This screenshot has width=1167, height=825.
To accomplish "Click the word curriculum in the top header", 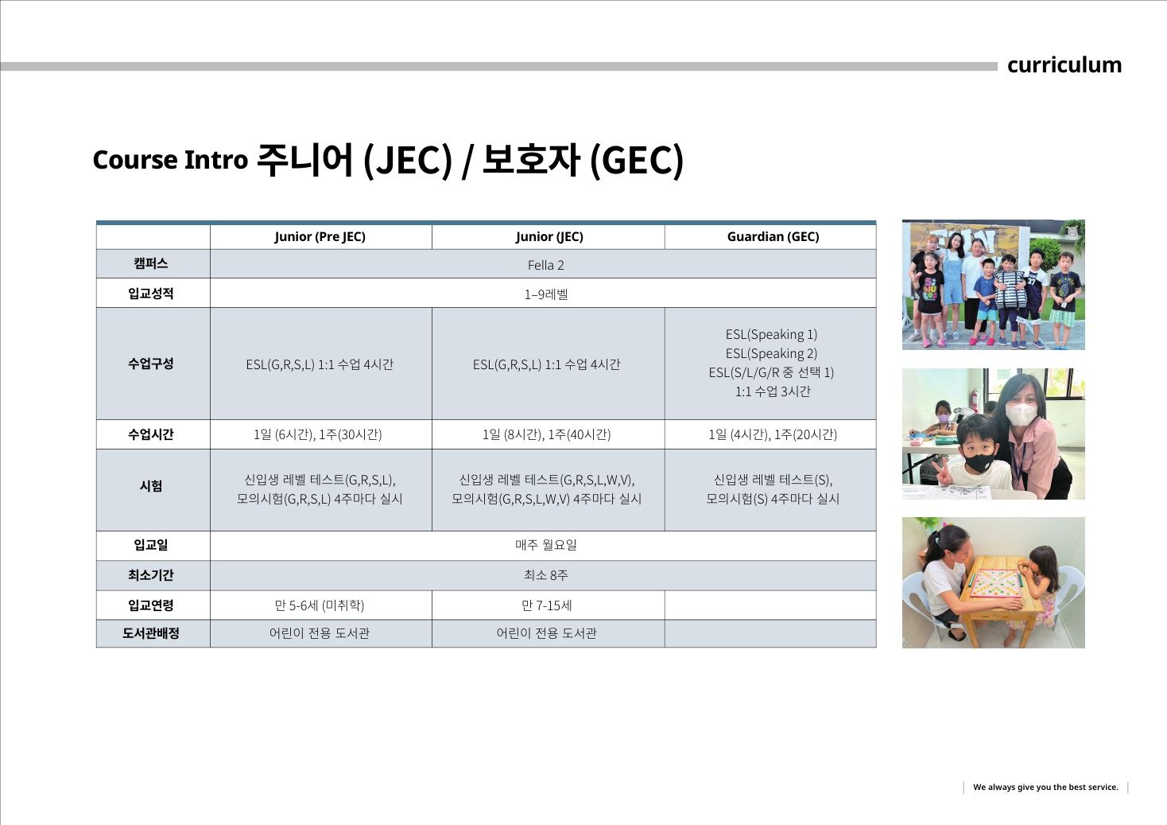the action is tap(1064, 65).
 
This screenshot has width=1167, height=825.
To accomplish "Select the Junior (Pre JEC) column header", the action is tap(320, 237).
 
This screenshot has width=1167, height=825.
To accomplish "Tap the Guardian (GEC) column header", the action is tap(773, 237).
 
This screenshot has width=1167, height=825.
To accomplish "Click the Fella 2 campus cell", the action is tap(545, 265).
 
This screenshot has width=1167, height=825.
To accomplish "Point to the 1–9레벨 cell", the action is tap(545, 294).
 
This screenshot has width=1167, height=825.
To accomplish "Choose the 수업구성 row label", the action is tap(150, 364).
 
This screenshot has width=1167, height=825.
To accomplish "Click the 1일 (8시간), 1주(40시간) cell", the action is tap(546, 434).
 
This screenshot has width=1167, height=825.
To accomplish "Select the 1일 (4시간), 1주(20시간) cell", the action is tap(773, 434).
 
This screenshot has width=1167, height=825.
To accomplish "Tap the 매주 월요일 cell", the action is tap(545, 545).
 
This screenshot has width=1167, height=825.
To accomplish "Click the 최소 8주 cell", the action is tap(545, 575).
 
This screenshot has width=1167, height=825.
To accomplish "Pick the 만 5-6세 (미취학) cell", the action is tap(320, 605).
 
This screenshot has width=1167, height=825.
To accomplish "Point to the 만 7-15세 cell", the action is tap(546, 605).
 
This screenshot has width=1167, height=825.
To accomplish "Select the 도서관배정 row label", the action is tap(150, 633).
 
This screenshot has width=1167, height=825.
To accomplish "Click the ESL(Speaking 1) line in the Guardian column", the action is tap(772, 334).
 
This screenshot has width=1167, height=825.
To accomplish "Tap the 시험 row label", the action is tap(150, 486).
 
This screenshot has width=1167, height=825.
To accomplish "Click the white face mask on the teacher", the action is tap(1021, 414).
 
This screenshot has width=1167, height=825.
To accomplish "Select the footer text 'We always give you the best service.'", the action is tap(1045, 787).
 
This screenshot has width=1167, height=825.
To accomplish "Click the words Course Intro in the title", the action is tap(170, 160).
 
